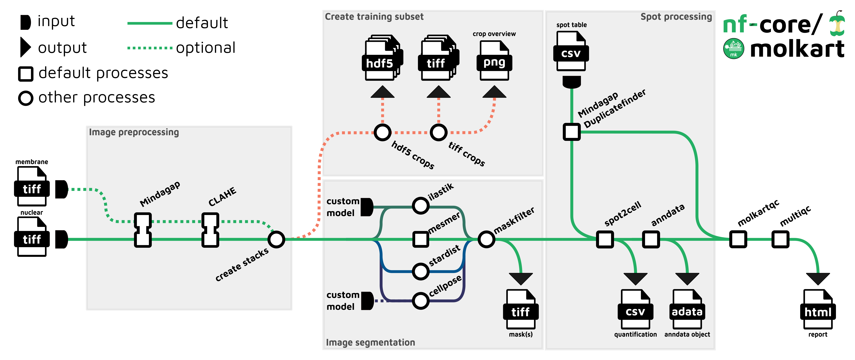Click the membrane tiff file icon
point(32,186)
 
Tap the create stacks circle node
point(276,239)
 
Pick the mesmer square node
point(420,239)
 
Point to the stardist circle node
point(420,271)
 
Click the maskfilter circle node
point(486,239)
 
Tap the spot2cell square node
point(605,239)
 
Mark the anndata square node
point(651,239)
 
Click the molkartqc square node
point(738,239)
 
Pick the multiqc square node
point(780,239)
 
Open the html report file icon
point(818,309)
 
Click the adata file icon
point(687,309)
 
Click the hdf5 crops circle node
point(382,132)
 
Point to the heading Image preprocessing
point(134,132)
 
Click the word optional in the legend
point(206,48)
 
